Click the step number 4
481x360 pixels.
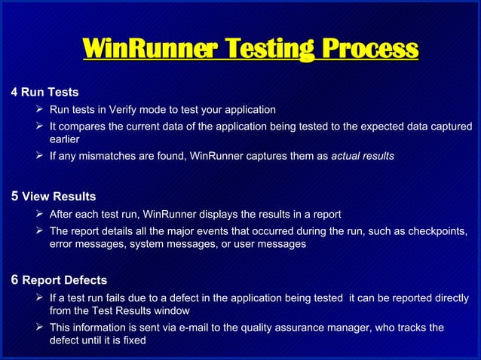click(x=14, y=93)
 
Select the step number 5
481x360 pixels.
click(x=14, y=197)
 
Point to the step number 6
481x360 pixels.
click(x=14, y=280)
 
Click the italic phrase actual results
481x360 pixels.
click(x=362, y=156)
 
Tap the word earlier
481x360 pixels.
click(x=64, y=139)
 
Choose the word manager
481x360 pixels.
click(x=350, y=327)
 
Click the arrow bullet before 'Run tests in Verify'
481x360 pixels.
click(x=39, y=109)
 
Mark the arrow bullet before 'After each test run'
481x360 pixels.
click(x=39, y=214)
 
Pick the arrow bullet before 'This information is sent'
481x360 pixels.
click(x=39, y=327)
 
